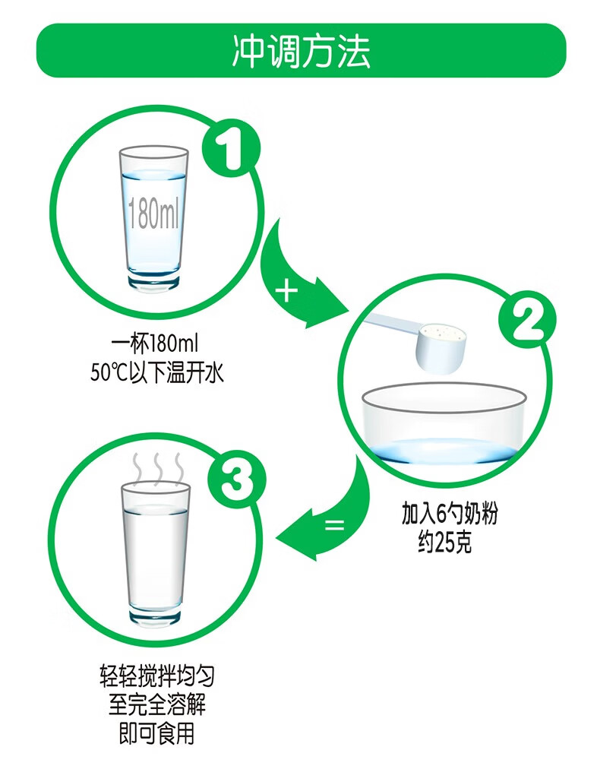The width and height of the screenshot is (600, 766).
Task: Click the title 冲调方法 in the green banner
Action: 301,51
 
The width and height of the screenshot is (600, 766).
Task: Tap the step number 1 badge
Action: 232,148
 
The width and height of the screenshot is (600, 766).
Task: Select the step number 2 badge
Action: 527,320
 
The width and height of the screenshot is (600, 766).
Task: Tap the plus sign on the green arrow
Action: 286,292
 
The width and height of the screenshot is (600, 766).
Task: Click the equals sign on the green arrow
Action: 334,525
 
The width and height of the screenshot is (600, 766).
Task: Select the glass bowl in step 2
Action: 444,423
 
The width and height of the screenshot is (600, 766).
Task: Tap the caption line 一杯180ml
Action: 155,344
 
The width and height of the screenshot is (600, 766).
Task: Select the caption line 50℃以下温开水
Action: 157,373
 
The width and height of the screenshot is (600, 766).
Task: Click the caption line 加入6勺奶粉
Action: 450,513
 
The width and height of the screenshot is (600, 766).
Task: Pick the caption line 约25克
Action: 445,543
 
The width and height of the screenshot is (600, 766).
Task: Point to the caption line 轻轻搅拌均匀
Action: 157,676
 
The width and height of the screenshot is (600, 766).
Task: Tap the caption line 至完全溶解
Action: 157,704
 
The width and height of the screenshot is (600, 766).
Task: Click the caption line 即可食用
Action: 157,733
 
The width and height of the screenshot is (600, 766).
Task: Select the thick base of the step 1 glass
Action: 153,280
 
